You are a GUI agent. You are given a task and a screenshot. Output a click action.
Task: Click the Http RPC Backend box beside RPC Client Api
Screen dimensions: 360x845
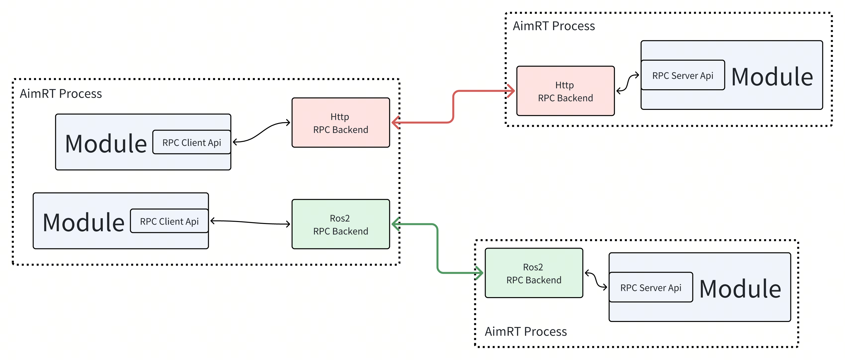(340, 123)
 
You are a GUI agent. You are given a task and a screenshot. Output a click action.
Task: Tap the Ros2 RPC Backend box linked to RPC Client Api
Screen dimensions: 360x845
(340, 224)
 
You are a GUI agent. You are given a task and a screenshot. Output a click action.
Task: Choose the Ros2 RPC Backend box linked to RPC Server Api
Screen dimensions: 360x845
(534, 273)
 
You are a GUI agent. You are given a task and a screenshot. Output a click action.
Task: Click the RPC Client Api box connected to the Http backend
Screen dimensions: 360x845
(191, 142)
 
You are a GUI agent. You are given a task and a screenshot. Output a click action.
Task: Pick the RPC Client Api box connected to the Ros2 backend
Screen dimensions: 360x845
(169, 221)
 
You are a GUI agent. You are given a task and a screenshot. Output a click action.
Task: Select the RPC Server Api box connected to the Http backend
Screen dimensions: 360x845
(683, 75)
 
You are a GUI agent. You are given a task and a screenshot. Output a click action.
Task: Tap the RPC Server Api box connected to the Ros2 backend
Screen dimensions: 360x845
(651, 288)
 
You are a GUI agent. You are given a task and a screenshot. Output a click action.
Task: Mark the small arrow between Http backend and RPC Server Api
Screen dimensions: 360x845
(627, 83)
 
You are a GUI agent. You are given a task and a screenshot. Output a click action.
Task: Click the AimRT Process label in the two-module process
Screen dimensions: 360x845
(61, 94)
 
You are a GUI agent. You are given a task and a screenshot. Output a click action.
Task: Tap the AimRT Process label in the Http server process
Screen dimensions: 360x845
(554, 26)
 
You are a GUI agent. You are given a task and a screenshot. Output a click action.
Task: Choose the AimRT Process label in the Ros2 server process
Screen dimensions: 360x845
(525, 331)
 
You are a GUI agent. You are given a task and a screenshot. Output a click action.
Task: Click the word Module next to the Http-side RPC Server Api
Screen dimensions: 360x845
(772, 77)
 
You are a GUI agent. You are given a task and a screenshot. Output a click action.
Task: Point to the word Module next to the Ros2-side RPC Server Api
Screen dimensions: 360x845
(740, 289)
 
